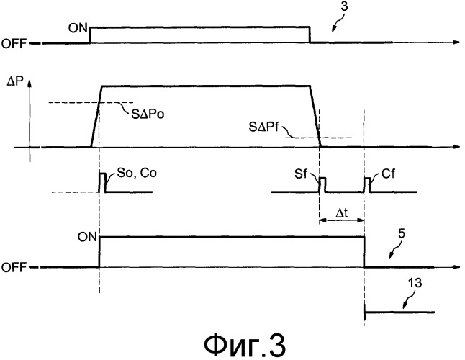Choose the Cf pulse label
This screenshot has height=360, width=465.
click(383, 174)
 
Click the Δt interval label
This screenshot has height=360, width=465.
click(341, 213)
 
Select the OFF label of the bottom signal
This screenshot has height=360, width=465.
click(15, 267)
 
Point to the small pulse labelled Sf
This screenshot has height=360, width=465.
click(322, 184)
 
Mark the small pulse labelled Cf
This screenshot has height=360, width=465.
click(367, 184)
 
